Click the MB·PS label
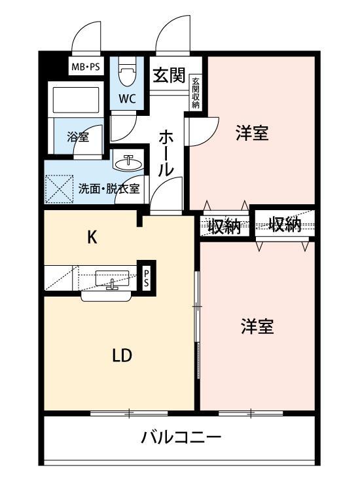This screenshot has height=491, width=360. pyautogui.click(x=85, y=66)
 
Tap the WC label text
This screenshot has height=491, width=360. pyautogui.click(x=127, y=100)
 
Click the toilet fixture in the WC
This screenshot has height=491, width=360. pyautogui.click(x=128, y=71)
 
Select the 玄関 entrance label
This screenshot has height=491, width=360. pyautogui.click(x=169, y=76)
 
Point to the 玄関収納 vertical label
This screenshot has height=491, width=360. pyautogui.click(x=196, y=92)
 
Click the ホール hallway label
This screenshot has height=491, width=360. pyautogui.click(x=166, y=153)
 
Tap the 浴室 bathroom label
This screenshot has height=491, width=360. pyautogui.click(x=78, y=137)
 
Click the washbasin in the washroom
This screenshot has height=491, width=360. pyautogui.click(x=128, y=160)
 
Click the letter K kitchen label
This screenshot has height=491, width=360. pyautogui.click(x=93, y=238)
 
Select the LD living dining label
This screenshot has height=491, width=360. pyautogui.click(x=122, y=355)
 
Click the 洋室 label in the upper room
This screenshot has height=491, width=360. pyautogui.click(x=252, y=134)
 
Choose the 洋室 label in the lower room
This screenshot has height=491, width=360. pyautogui.click(x=257, y=327)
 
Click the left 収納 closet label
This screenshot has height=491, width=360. pyautogui.click(x=225, y=227)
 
